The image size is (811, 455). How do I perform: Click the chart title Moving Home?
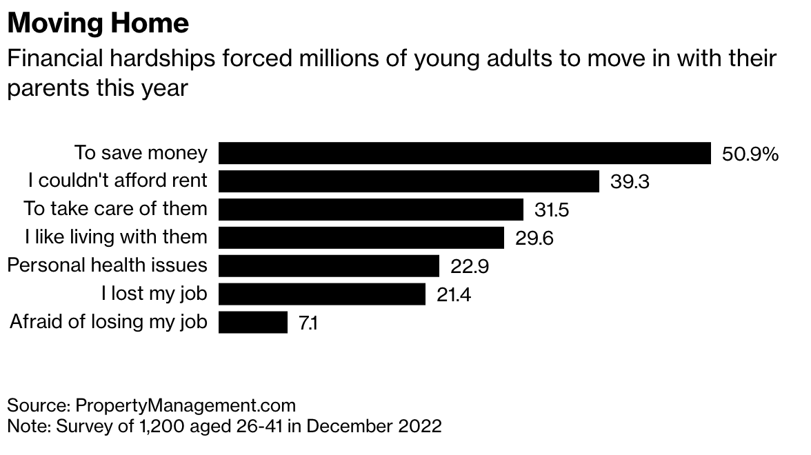[98, 23]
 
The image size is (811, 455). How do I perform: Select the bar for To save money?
[464, 153]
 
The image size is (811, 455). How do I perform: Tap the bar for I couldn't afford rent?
[408, 181]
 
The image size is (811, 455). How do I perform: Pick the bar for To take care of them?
[371, 209]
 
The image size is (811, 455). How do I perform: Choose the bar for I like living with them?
[361, 237]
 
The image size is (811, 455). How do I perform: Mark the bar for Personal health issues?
[329, 265]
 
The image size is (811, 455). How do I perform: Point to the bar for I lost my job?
[321, 294]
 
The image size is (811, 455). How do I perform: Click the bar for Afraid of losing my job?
[252, 322]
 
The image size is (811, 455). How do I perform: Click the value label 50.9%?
[750, 154]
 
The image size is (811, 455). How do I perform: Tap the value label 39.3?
[630, 182]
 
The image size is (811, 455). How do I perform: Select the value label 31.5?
[552, 210]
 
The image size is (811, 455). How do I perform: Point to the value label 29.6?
[534, 238]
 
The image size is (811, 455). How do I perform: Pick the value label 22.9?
[470, 266]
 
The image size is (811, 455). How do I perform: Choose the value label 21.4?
[454, 294]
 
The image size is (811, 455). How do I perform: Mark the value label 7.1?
[308, 323]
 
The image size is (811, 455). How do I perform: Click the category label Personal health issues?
[107, 265]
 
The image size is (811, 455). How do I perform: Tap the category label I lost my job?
[154, 294]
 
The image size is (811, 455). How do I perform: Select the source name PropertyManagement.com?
[185, 405]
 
